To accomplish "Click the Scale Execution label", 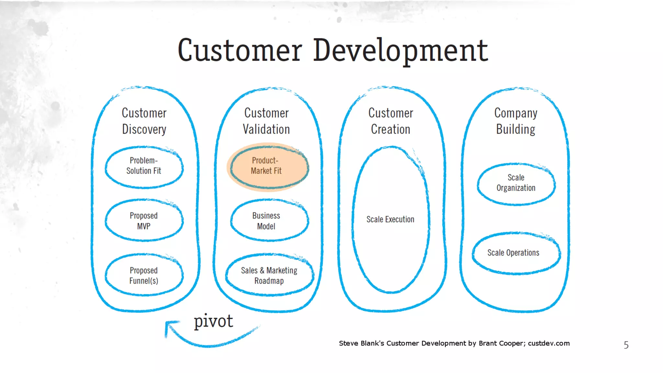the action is tap(390, 219).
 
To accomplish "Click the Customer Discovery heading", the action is tap(144, 121).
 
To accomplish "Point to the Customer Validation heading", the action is tap(266, 121).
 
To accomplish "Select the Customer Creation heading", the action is tap(391, 121).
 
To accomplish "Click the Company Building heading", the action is tap(516, 121).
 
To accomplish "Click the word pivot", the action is tap(213, 321).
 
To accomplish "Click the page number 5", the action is tap(626, 345).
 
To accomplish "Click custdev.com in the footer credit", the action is tap(549, 343).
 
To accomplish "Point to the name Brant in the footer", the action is tap(488, 343).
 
